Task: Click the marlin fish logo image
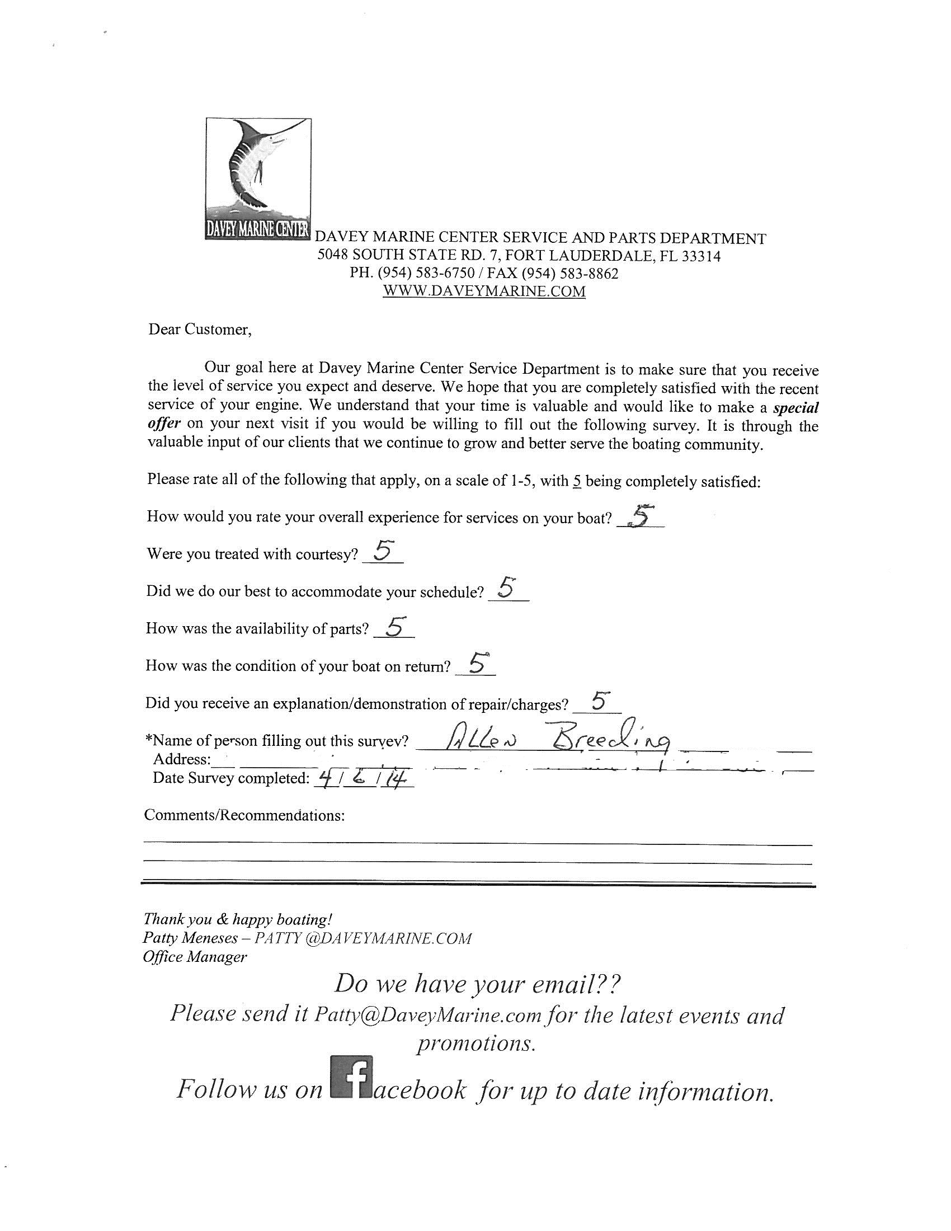tap(258, 178)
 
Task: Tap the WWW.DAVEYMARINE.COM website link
tap(483, 292)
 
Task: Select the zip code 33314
tap(701, 256)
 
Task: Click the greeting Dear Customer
tap(200, 330)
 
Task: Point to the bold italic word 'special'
tap(795, 407)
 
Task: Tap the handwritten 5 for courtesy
tap(383, 551)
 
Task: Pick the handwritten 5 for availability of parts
tap(394, 626)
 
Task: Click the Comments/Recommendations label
tap(244, 815)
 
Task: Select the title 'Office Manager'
tap(194, 956)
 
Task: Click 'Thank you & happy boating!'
tap(238, 919)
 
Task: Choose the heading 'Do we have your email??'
tap(478, 985)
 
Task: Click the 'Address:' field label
tap(181, 759)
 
